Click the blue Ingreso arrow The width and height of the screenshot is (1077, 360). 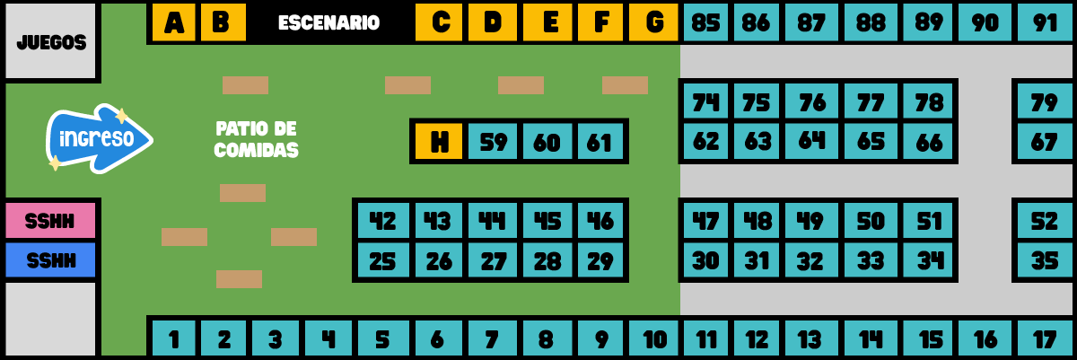coord(99,138)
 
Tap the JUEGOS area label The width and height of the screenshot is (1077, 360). coord(51,43)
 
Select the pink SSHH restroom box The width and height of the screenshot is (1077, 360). coord(50,221)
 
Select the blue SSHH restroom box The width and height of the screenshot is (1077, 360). coord(50,260)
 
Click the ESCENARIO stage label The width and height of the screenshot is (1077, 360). coord(328,22)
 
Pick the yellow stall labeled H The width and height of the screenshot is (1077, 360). coord(439,141)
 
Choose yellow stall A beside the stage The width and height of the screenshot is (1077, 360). coord(173,22)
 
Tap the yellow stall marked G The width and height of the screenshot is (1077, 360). coord(653,22)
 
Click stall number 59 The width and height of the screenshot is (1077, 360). coord(493,141)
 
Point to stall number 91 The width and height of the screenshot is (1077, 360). coord(1045,22)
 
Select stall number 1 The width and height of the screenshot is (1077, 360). coord(173,338)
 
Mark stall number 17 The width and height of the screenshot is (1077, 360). coord(1045,338)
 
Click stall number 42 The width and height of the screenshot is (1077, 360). coord(383,221)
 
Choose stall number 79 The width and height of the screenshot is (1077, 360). coord(1045,101)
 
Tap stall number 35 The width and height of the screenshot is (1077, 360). coord(1045,260)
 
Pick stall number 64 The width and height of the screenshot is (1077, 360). coord(811,141)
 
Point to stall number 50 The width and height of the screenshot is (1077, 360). coord(871,221)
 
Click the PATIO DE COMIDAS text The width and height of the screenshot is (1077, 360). coord(257,139)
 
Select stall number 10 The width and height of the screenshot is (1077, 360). coord(653,338)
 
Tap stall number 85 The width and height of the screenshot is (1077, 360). coord(705,22)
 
